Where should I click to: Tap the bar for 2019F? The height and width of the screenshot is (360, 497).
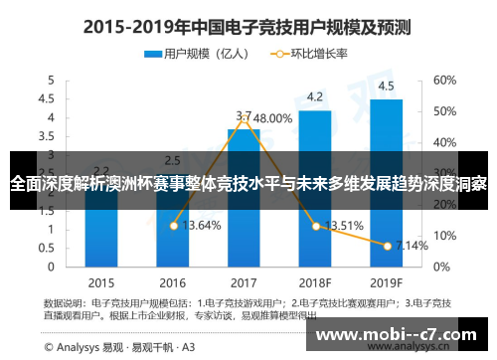(386, 183)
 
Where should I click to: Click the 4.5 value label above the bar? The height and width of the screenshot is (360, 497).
(386, 86)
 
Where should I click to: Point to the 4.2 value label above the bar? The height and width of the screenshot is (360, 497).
(314, 97)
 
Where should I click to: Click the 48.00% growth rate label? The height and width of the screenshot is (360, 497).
(269, 117)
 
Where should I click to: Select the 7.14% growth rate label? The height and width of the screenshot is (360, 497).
(412, 245)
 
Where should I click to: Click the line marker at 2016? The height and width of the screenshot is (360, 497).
(174, 226)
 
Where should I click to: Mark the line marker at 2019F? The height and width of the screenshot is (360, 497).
(386, 244)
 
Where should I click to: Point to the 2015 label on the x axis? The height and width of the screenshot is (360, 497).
(101, 280)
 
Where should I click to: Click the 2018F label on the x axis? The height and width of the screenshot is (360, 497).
(314, 280)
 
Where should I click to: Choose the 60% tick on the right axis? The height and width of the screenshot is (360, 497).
(444, 80)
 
